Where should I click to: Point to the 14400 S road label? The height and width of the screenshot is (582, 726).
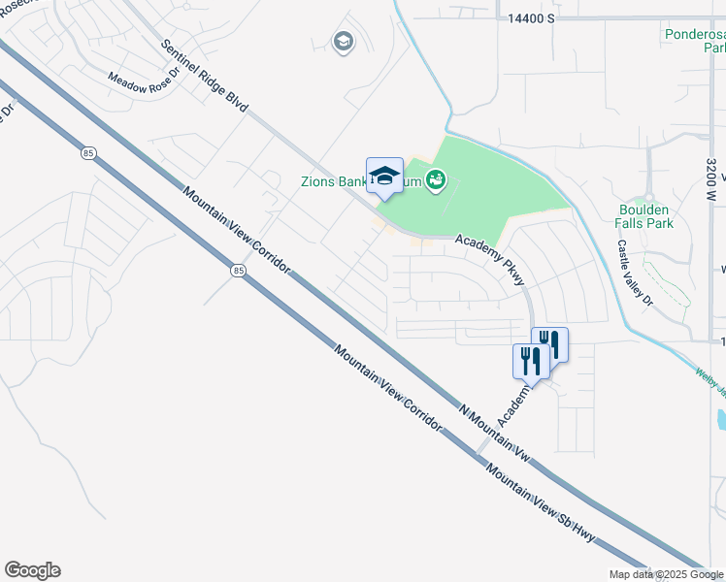pos(530,18)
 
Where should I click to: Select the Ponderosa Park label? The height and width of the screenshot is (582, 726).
pos(695,40)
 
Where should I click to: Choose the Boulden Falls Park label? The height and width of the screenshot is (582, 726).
pos(644,215)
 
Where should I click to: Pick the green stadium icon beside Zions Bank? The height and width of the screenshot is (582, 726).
pos(435,179)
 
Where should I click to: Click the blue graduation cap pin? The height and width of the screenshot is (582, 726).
pos(384,176)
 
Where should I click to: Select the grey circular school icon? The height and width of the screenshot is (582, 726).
pos(342,42)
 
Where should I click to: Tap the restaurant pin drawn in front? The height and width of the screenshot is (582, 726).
pos(530,362)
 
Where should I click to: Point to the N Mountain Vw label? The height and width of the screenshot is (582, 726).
pos(495,434)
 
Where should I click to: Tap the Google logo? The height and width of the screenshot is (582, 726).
pos(32,570)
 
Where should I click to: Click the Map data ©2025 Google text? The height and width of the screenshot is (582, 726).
pos(666,575)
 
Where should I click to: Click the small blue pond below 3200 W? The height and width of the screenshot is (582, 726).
pos(721,419)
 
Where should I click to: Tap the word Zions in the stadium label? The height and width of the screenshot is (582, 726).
pos(317,180)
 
